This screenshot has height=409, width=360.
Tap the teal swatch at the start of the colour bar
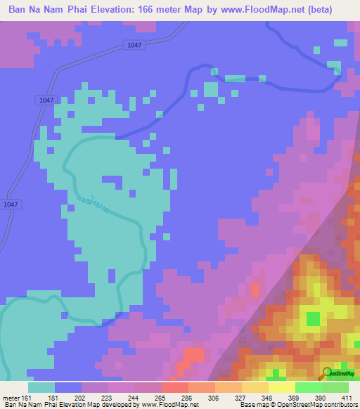(41, 387)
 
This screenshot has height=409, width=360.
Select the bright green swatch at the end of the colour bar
(335, 387)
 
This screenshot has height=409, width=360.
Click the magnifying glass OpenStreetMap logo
(326, 373)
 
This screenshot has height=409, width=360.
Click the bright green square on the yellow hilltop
(313, 320)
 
